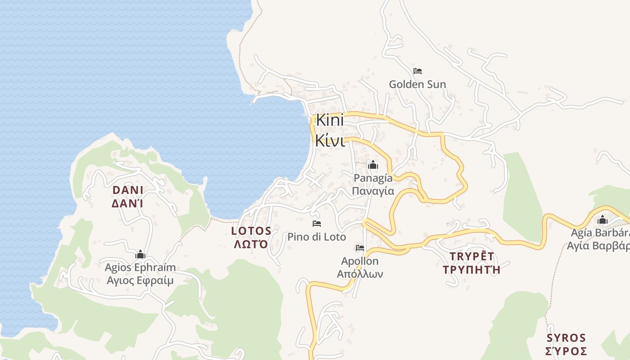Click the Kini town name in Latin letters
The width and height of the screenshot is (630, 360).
[x=330, y=120]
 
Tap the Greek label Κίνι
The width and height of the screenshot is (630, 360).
[x=330, y=140]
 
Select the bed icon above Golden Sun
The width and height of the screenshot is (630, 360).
[x=418, y=71]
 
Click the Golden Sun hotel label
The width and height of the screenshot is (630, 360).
[x=417, y=84]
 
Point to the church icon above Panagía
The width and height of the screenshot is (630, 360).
[x=373, y=165]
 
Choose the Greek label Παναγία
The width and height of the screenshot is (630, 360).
[x=373, y=191]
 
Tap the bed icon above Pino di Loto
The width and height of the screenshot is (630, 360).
[x=317, y=224]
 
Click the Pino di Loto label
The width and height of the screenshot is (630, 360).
[x=317, y=237]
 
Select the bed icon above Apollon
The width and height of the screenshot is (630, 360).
[x=360, y=248]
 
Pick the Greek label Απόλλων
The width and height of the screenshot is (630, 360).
[x=360, y=274]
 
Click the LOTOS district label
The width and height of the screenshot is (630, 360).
[x=251, y=231]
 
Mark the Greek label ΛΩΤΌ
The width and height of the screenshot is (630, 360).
[x=251, y=244]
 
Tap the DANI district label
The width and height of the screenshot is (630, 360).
[x=127, y=190]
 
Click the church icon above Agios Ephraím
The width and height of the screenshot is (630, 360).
[x=140, y=255]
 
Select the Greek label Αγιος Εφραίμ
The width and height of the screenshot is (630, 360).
[x=140, y=281]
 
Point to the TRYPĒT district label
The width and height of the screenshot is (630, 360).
[x=472, y=256]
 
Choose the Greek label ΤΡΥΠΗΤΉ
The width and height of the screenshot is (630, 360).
[x=472, y=270]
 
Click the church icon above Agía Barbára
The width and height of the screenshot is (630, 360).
[x=603, y=220]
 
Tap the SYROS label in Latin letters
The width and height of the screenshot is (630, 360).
[x=566, y=338]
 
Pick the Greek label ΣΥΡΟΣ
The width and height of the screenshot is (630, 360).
[x=566, y=351]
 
